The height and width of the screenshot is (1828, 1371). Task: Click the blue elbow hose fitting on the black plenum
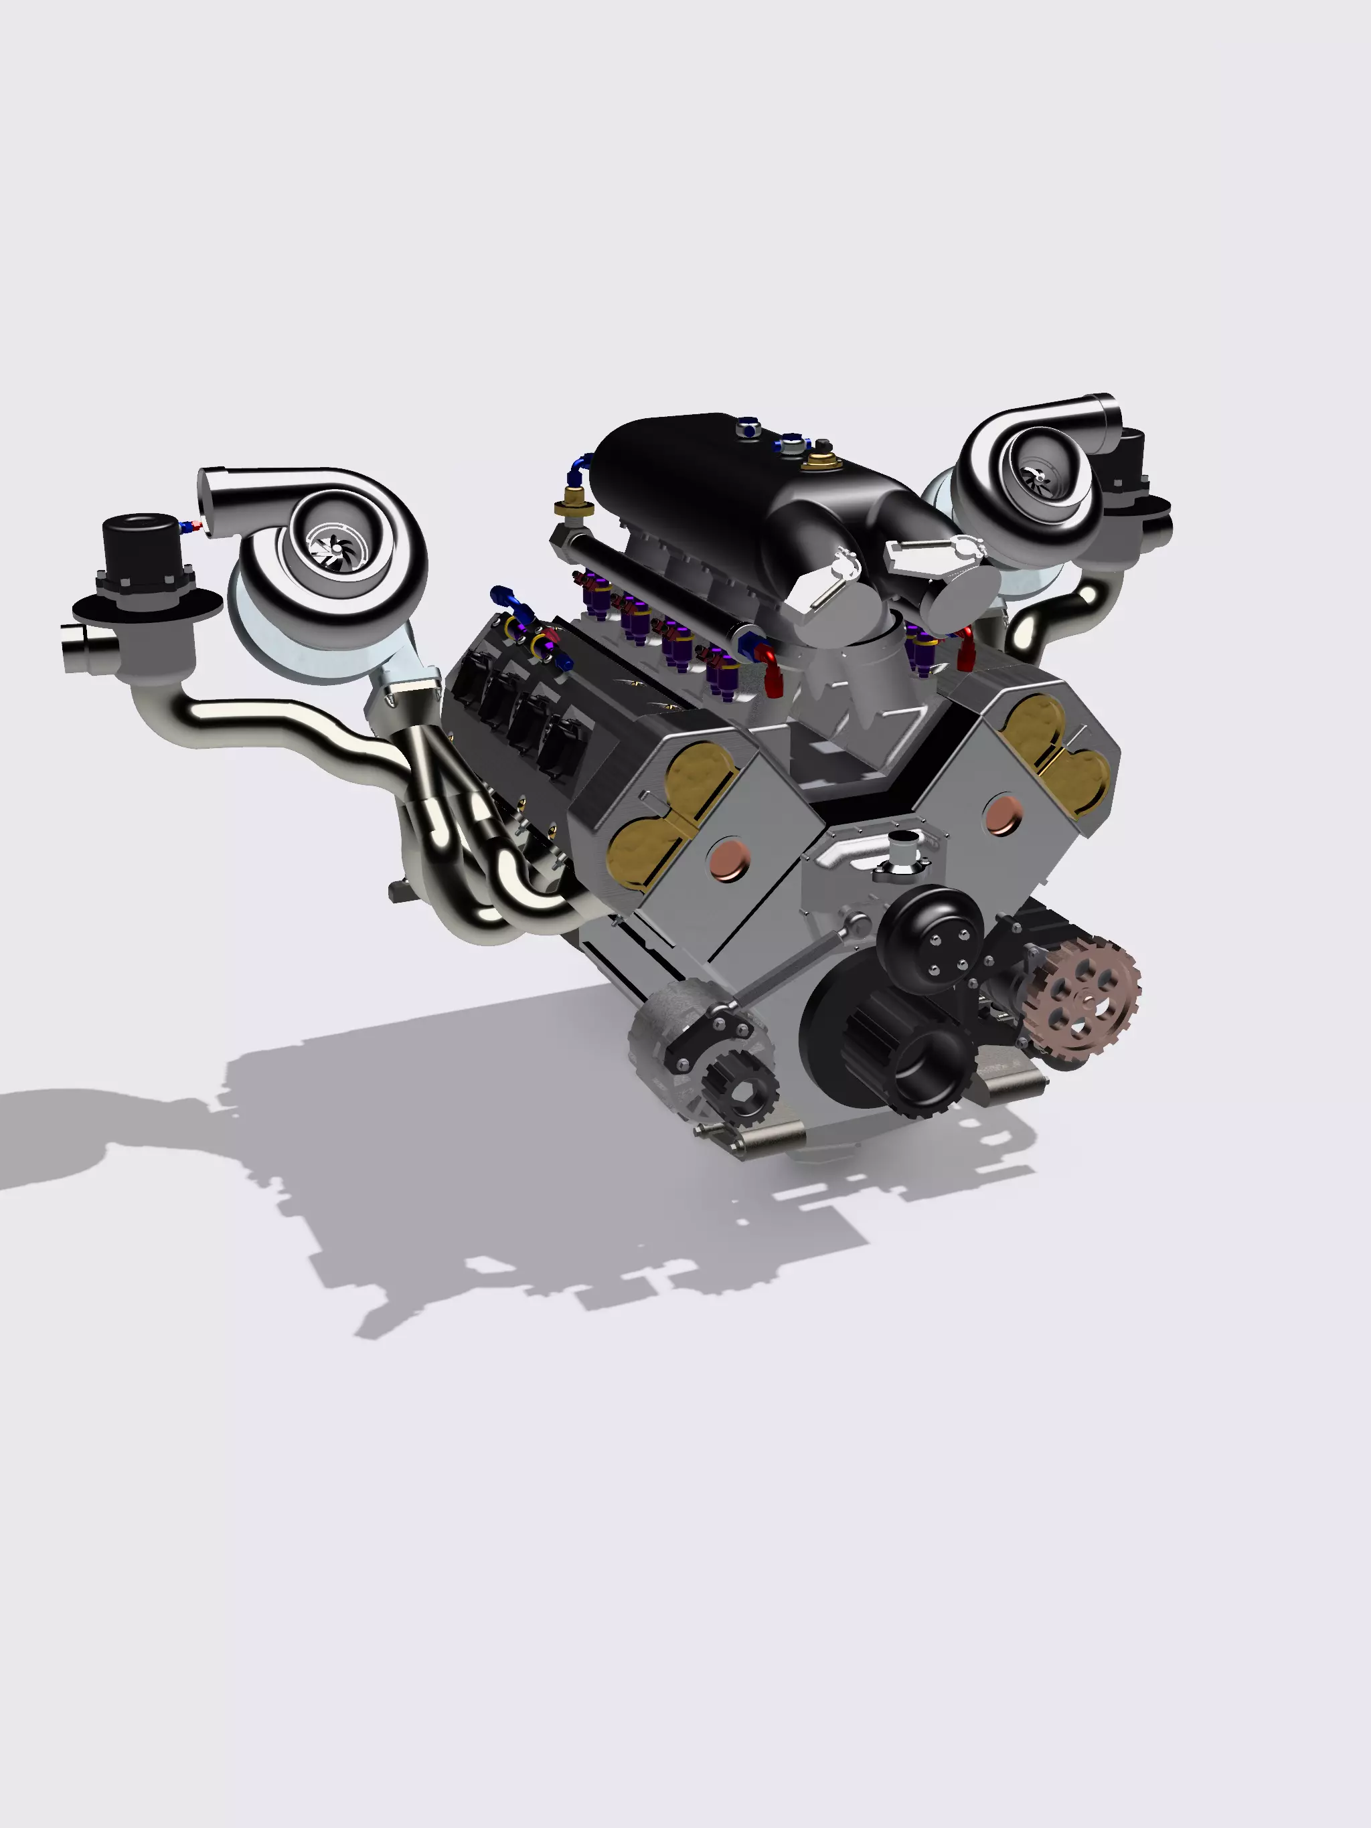[579, 468]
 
